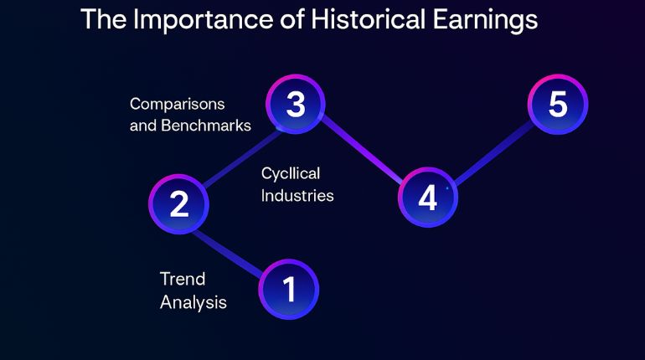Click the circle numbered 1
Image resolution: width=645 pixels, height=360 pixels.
pos(289,290)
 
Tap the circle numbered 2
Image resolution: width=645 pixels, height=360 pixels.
pos(178,203)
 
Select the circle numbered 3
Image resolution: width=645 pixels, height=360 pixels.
pos(295,105)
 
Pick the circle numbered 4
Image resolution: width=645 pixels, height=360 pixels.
pos(427,198)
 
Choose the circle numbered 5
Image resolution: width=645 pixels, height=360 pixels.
pos(558,105)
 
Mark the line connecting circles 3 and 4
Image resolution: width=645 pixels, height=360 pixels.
pos(361,152)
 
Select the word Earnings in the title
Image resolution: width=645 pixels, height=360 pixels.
pos(484,21)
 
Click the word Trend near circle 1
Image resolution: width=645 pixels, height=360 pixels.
pos(183,279)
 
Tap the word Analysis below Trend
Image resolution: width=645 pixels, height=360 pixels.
pos(193,302)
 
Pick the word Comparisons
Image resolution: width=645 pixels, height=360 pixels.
pos(178,105)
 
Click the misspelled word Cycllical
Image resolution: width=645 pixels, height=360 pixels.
pos(291,172)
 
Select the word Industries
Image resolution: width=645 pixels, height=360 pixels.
pos(297,196)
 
